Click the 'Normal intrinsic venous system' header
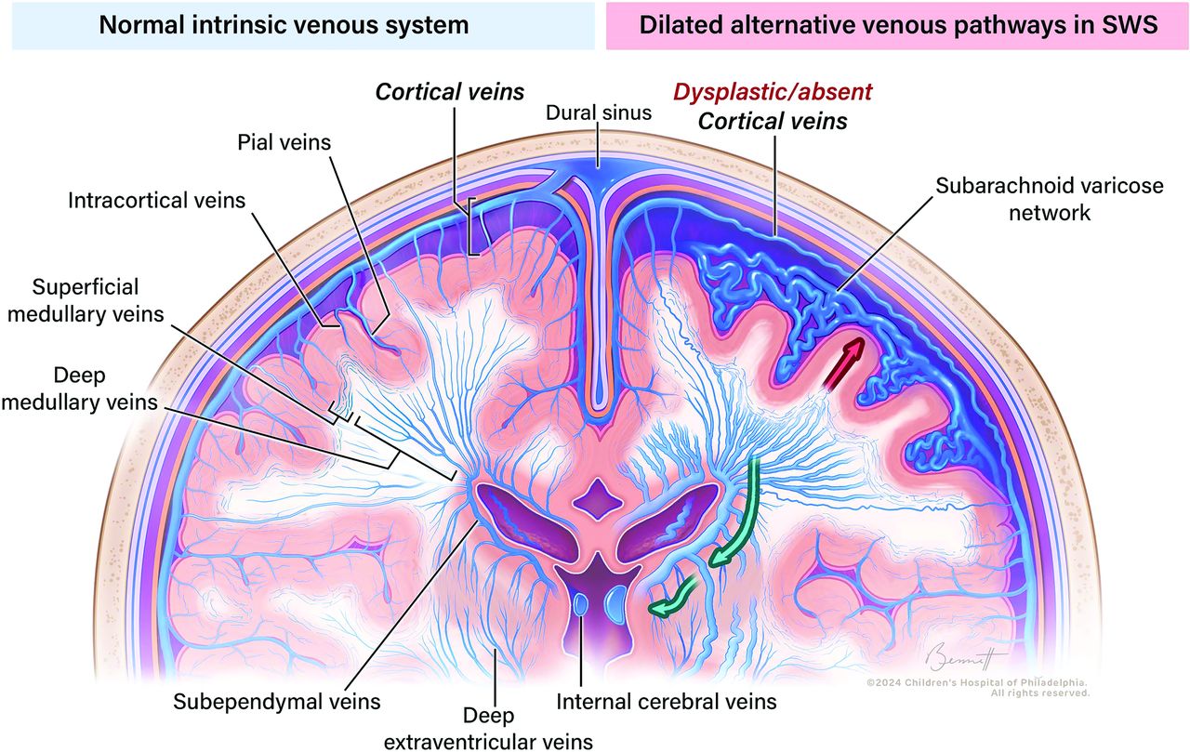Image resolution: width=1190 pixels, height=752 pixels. pyautogui.click(x=284, y=25)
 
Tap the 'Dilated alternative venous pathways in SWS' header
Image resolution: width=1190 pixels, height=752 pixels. pyautogui.click(x=898, y=25)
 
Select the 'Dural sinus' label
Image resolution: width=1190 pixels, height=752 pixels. pyautogui.click(x=599, y=112)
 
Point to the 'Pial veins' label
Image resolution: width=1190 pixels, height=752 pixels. pyautogui.click(x=284, y=142)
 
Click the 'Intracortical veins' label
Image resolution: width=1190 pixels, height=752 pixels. pyautogui.click(x=157, y=200)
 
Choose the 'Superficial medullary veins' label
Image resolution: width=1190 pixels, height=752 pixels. pyautogui.click(x=86, y=300)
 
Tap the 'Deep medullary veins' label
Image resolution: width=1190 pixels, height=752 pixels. pyautogui.click(x=80, y=389)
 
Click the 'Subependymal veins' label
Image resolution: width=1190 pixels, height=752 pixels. pyautogui.click(x=277, y=702)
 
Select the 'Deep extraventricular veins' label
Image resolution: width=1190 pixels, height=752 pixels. pyautogui.click(x=488, y=729)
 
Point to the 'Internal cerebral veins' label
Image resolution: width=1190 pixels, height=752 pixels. pyautogui.click(x=667, y=702)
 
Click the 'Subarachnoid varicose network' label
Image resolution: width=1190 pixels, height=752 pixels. pyautogui.click(x=1050, y=199)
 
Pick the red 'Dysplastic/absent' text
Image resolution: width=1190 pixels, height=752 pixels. pyautogui.click(x=773, y=92)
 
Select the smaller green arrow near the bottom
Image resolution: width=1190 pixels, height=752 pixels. pyautogui.click(x=674, y=599)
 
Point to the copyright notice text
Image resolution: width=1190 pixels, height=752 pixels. pyautogui.click(x=977, y=688)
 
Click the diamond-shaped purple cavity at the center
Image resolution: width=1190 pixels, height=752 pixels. pyautogui.click(x=598, y=498)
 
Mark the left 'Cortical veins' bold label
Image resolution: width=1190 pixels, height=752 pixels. pyautogui.click(x=449, y=92)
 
